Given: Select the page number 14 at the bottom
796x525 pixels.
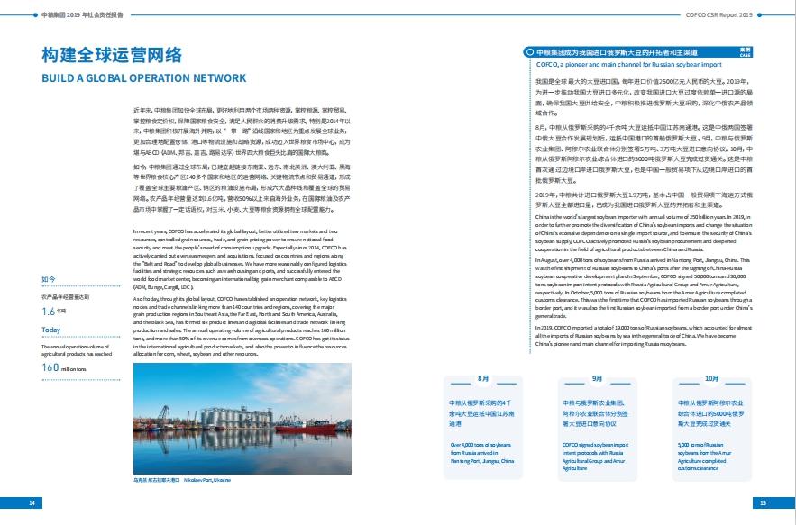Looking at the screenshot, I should (32, 502).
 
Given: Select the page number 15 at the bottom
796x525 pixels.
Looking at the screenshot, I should (763, 502).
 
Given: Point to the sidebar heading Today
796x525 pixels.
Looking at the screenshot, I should (51, 330).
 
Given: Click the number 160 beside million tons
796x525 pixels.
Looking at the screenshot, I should (50, 367).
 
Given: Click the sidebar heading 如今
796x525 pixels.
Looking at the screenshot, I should (49, 280).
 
